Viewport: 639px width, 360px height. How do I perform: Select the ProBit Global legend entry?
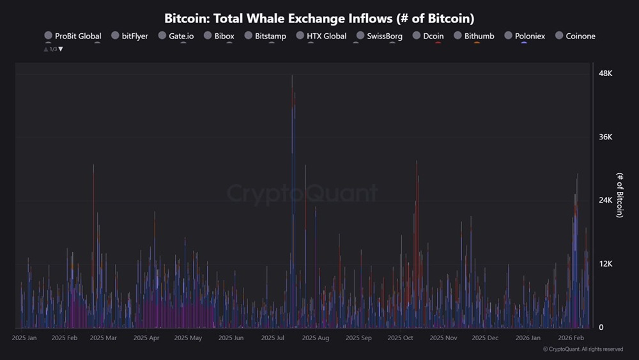[72, 36]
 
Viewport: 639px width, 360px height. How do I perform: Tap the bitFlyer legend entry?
[129, 36]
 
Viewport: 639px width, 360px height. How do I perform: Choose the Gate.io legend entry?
[176, 36]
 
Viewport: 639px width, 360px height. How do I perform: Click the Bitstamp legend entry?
[265, 36]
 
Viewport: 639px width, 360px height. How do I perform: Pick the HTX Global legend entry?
[321, 36]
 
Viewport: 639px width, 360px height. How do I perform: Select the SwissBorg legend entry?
[379, 36]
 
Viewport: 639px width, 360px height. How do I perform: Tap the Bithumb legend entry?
[473, 36]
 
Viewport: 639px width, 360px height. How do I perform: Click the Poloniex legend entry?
[524, 36]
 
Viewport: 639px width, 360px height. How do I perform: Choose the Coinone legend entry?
[574, 36]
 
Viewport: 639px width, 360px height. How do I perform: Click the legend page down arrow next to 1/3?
[61, 49]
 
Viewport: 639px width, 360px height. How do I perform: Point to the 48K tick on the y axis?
[604, 74]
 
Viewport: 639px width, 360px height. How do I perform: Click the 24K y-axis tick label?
[604, 201]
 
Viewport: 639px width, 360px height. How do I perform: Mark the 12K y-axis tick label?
[604, 264]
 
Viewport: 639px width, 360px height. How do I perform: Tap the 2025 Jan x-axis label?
[24, 338]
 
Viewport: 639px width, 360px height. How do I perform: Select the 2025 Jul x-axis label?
[272, 338]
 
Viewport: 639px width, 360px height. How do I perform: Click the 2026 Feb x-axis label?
[571, 338]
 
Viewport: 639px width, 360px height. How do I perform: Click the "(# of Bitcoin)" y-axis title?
[619, 195]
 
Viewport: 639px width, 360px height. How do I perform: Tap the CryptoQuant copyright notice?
[583, 349]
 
